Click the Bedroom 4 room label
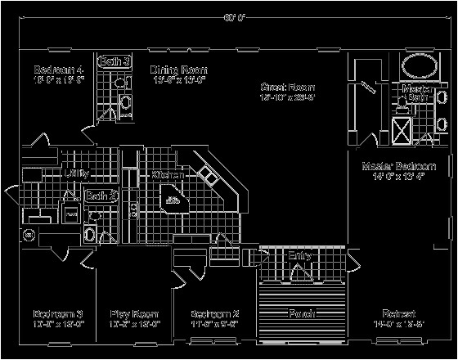tap(49, 69)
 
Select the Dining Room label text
tap(177, 70)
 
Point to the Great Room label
tap(287, 87)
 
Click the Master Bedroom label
tap(398, 166)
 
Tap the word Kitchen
tap(168, 175)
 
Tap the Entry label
tap(300, 256)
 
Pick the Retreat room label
tap(398, 314)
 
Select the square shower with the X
tap(402, 130)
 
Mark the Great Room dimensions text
tap(287, 97)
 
